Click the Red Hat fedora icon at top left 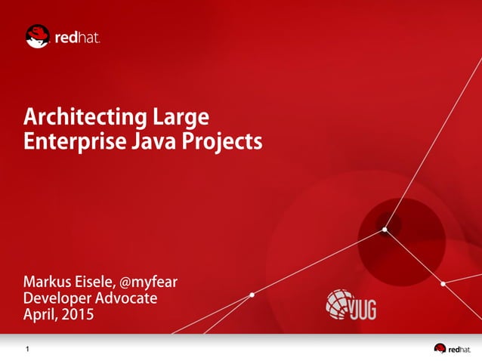pos(38,35)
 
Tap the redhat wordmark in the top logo pos(77,37)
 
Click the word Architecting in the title pos(85,118)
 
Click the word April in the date pos(41,315)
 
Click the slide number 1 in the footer pos(28,349)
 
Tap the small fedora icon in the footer pos(440,348)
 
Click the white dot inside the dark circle pos(385,229)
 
